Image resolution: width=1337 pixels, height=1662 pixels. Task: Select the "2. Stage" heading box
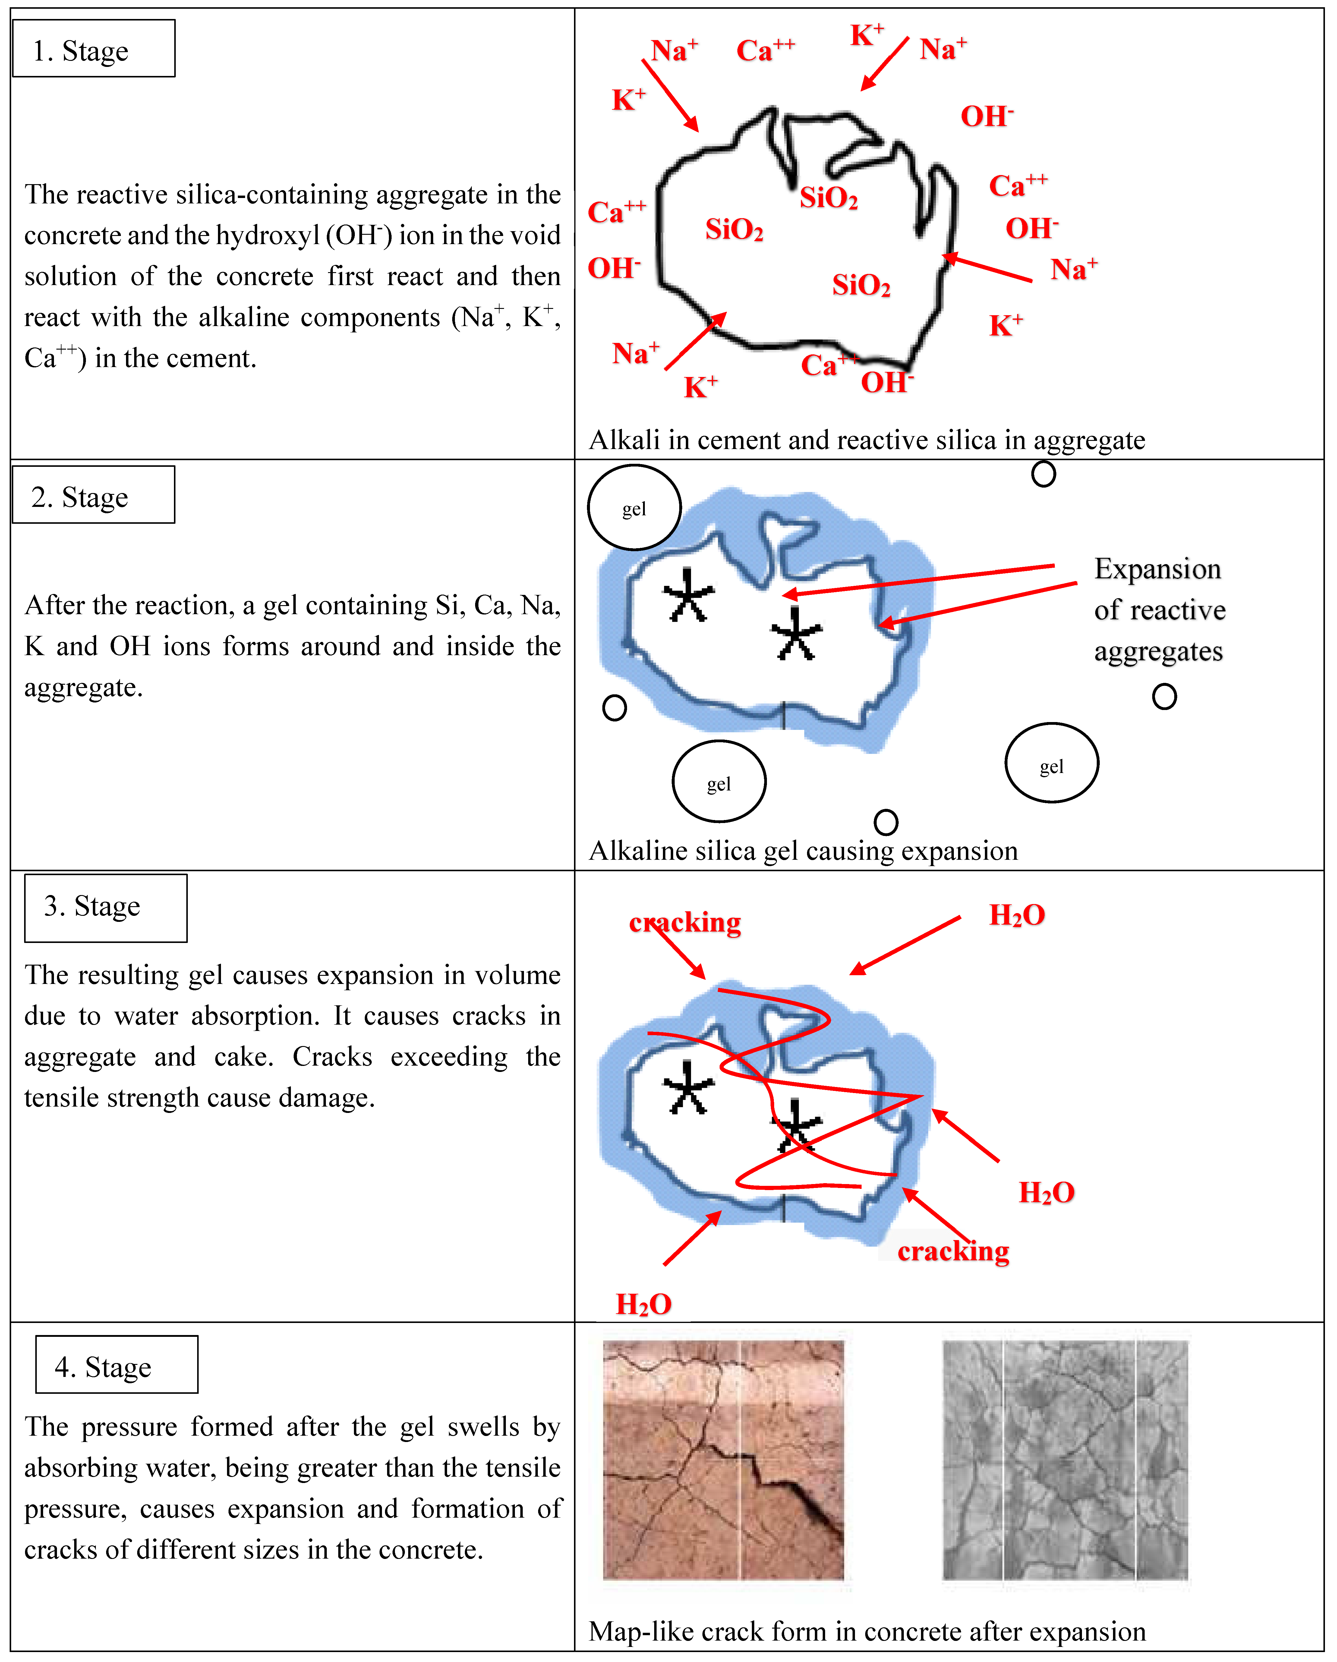(93, 495)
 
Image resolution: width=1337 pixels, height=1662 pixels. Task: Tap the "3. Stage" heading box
(106, 907)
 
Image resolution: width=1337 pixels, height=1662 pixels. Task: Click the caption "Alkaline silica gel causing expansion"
(803, 850)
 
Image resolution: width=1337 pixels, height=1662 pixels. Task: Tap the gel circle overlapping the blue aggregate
(634, 507)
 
